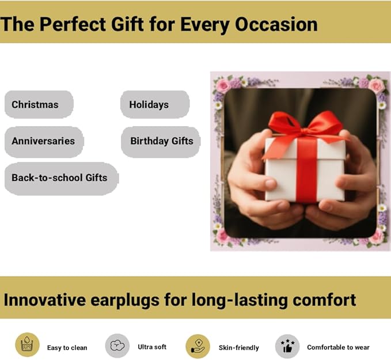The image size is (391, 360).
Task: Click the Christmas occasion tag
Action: tap(39, 104)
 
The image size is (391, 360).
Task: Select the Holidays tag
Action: tap(155, 104)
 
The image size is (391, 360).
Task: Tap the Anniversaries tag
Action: tap(44, 142)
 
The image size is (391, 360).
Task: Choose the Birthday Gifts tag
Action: tap(161, 142)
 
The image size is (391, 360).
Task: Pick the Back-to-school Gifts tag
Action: tap(62, 179)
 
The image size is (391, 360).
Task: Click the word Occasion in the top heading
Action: tap(276, 24)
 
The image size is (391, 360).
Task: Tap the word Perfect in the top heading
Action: tap(73, 24)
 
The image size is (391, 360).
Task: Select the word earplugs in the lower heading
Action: tap(125, 300)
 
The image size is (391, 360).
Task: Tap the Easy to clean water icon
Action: tap(28, 344)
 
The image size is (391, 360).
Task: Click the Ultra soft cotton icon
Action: tap(117, 346)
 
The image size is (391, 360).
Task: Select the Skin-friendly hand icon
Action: tap(198, 346)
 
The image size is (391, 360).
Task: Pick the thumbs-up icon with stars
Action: tap(287, 346)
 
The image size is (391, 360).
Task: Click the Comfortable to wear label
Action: tap(338, 347)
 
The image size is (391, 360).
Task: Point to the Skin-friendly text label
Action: tap(238, 348)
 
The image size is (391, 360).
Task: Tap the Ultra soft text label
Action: tap(152, 347)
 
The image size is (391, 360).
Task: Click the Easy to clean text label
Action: tap(67, 348)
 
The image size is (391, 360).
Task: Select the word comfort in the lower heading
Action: tap(324, 300)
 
